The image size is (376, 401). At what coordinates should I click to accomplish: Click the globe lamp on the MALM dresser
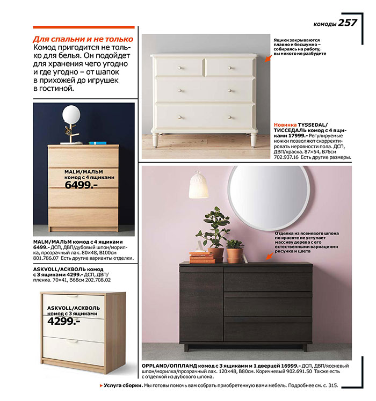pyautogui.click(x=70, y=114)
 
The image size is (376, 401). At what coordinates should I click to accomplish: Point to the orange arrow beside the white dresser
pyautogui.click(x=268, y=58)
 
